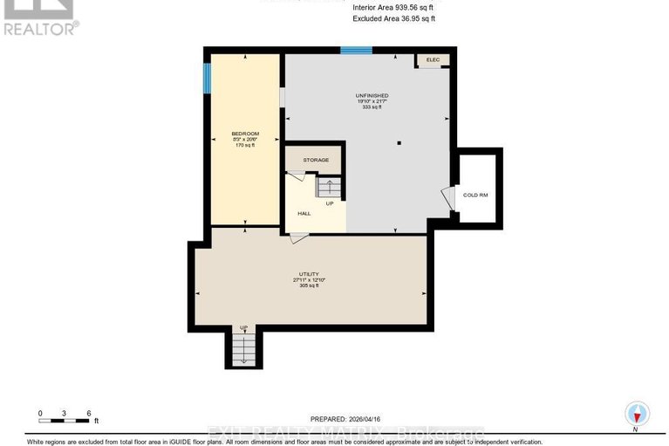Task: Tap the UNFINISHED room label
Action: coord(372,95)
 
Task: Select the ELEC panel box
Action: coord(433,59)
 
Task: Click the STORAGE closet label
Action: coord(316,161)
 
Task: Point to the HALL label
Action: coord(304,213)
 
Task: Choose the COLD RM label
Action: coord(475,195)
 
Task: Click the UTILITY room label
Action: coord(310,275)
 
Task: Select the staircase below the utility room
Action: coord(243,349)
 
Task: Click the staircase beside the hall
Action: coord(329,188)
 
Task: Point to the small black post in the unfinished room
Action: coord(398,142)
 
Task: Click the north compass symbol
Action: coord(637,414)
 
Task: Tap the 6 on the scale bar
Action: coord(89,413)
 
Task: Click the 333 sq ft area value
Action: coord(372,107)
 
